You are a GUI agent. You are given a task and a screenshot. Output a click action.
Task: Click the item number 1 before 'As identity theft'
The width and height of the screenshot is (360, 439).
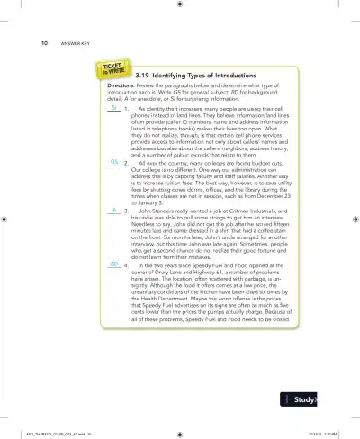(x=126, y=109)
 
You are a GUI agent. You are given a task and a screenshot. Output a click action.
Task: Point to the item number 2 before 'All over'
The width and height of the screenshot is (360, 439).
(x=126, y=162)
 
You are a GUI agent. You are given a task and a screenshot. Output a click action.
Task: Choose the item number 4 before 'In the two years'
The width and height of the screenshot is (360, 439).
(x=126, y=268)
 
